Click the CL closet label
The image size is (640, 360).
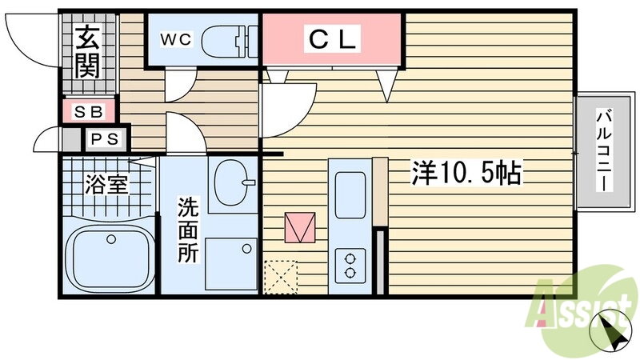pyautogui.click(x=332, y=38)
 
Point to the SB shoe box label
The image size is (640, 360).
pyautogui.click(x=89, y=111)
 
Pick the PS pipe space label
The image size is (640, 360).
pyautogui.click(x=103, y=139)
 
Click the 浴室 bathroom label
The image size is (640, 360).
pyautogui.click(x=108, y=184)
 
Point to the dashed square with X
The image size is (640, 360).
pyautogui.click(x=280, y=277)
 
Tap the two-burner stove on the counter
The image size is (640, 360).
pyautogui.click(x=350, y=264)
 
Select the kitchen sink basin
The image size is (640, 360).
pyautogui.click(x=349, y=195)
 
